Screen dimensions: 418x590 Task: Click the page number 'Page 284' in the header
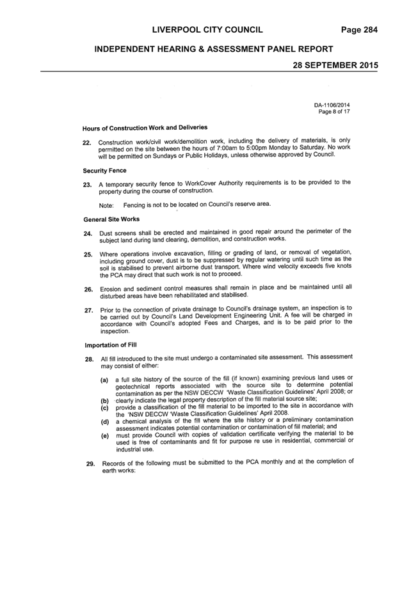[x=359, y=30]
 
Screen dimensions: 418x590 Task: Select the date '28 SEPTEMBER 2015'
[x=335, y=65]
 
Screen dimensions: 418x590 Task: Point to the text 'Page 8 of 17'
[x=334, y=111]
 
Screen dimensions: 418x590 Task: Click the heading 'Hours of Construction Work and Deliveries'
[x=145, y=128]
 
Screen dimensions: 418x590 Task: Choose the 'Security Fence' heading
[x=104, y=171]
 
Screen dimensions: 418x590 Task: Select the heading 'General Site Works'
[x=111, y=219]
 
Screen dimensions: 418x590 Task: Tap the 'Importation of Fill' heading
[x=111, y=345]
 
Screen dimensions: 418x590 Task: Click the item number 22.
[x=87, y=143]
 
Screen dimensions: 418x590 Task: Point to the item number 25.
[x=88, y=254]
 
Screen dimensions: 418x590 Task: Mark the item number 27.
[x=89, y=311]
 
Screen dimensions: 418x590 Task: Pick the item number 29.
[x=90, y=463]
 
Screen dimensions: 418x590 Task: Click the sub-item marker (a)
[x=104, y=380]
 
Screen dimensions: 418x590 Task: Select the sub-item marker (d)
[x=105, y=421]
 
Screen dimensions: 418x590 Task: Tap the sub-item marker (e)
[x=105, y=436]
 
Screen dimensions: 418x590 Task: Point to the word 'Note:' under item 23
[x=106, y=205]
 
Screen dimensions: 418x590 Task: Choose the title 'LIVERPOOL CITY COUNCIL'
[x=207, y=30]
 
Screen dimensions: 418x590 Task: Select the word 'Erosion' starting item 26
[x=110, y=289]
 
